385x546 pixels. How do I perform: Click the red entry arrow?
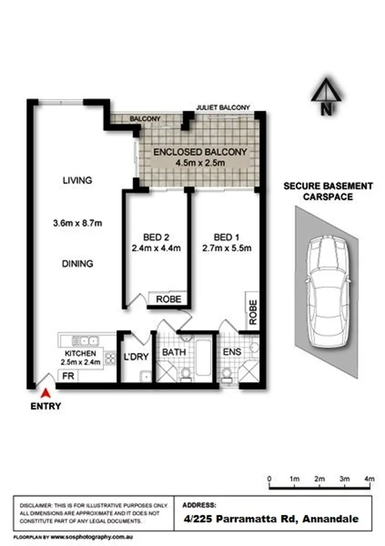(x=46, y=392)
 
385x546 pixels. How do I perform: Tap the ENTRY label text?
(x=46, y=406)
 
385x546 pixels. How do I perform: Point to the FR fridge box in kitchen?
(x=67, y=376)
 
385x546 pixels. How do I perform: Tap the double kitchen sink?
(x=84, y=340)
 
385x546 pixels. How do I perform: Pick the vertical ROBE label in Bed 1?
(x=253, y=312)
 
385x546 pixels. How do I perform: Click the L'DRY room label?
(x=136, y=357)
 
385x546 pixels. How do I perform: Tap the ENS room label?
(x=232, y=351)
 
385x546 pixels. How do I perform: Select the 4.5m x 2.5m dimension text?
(x=200, y=163)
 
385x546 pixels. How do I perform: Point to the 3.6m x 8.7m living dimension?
(x=77, y=222)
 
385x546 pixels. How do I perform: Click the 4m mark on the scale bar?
(x=370, y=479)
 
